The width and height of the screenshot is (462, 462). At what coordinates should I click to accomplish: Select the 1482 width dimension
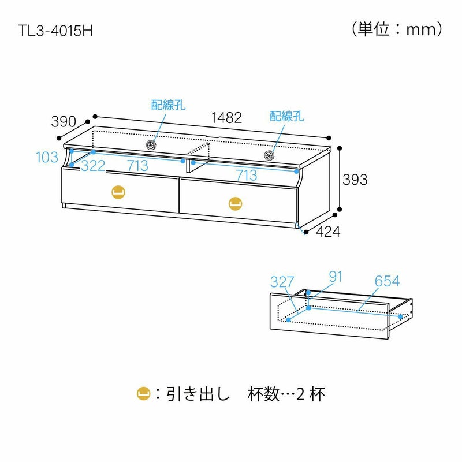pos(226,117)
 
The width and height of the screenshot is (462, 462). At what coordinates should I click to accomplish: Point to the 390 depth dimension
pos(64,122)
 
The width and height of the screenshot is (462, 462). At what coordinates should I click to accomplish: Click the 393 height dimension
pos(355,180)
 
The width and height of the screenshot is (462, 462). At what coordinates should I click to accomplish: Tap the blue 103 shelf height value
pos(47,157)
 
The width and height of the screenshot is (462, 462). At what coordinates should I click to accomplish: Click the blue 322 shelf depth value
pos(93,166)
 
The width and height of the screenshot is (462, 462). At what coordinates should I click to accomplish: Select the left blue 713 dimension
pos(137,166)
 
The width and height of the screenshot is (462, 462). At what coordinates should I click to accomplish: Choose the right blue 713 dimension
pos(245,175)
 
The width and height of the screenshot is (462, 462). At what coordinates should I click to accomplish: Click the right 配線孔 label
pos(287,116)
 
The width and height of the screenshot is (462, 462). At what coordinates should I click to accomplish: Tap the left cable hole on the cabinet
pos(152,145)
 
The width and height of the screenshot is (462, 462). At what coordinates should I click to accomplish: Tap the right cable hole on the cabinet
pos(269,155)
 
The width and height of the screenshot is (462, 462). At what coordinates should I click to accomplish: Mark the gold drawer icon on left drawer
pos(118,191)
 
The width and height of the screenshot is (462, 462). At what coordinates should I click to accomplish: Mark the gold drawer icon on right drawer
pos(235,203)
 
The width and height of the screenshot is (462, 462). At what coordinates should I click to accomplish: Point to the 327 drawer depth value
pos(282,282)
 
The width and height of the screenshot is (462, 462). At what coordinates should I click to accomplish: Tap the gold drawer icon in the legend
pos(143,394)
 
